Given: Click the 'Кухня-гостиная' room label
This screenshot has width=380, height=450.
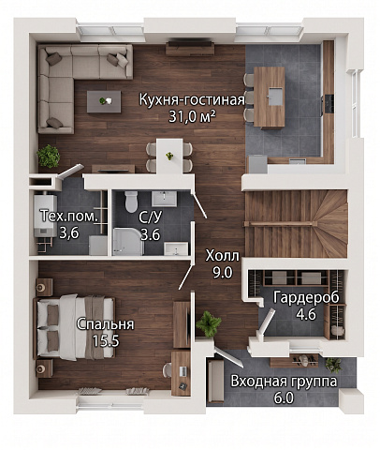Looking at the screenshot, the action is click(192, 100).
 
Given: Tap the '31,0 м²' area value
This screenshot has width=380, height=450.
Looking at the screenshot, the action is click(192, 117).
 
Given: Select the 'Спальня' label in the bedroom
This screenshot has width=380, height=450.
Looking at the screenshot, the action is click(106, 324).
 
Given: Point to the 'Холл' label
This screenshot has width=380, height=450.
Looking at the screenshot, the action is click(223, 256).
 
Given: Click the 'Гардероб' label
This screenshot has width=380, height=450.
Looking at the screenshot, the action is click(306, 297).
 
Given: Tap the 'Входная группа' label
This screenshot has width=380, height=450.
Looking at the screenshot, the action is click(284, 382).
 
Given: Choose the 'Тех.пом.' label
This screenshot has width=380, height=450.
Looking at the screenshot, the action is click(69, 217).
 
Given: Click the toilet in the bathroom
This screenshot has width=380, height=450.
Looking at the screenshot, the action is click(131, 202).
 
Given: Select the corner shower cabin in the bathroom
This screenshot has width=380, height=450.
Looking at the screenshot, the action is click(128, 242).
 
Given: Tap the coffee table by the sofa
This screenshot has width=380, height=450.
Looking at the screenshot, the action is click(104, 101).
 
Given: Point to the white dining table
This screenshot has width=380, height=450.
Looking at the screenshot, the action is click(169, 157).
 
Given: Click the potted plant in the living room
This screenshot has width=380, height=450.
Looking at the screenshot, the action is click(49, 156).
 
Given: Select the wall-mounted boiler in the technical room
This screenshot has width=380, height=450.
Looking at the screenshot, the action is click(45, 216).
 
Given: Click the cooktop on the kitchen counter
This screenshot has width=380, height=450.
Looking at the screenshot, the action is click(329, 103).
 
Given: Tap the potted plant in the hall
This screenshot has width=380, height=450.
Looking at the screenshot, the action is click(208, 324).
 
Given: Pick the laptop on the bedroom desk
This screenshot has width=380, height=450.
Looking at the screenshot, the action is click(183, 371).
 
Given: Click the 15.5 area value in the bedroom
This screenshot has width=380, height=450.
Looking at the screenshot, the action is click(106, 341).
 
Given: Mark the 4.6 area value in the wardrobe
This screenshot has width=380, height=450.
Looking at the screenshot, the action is click(306, 314).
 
